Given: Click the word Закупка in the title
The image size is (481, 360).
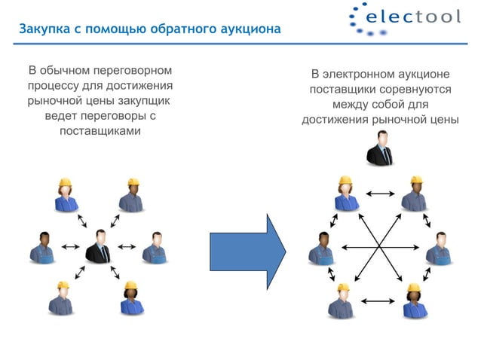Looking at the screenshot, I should coord(42,29).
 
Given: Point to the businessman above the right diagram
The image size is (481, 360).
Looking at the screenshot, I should coord(379,148).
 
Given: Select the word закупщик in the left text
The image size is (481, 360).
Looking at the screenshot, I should coord(143,101).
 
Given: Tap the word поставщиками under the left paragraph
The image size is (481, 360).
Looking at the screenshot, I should coord(99,131).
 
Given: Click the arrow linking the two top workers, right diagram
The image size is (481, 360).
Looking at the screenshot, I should coord(379,194).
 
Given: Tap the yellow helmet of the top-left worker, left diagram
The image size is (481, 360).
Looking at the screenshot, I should coord(65,182).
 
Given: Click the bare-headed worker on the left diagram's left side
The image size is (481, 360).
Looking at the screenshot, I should coord(41,248).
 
